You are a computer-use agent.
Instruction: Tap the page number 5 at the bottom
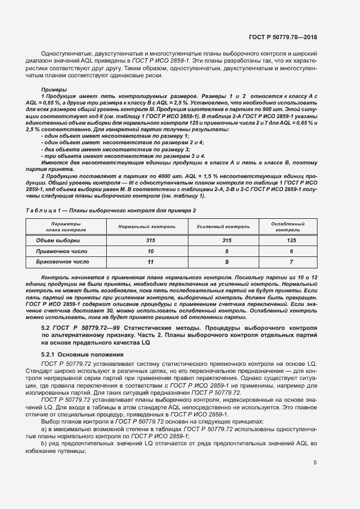[315, 463]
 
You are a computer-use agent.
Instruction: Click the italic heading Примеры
[54, 89]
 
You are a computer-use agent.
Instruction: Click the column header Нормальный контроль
[147, 226]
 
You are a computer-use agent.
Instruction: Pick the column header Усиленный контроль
[222, 226]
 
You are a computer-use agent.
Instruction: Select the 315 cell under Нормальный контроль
[147, 240]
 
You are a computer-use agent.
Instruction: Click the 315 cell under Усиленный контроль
[222, 240]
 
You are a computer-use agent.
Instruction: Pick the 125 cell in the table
[291, 240]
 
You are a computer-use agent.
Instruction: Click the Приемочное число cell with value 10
[147, 251]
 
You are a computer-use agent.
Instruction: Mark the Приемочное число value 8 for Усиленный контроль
[222, 251]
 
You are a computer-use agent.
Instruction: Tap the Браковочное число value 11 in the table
[147, 262]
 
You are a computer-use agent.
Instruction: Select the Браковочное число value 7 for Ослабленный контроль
[291, 262]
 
